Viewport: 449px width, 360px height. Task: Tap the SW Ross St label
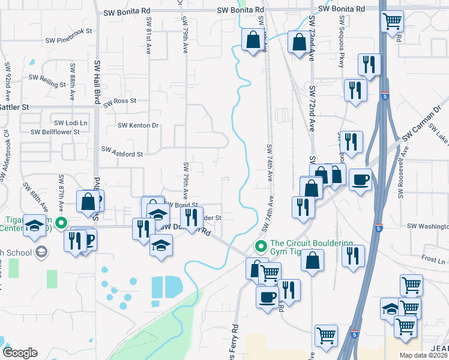tap(120, 102)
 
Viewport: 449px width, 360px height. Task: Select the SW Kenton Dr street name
tap(138, 125)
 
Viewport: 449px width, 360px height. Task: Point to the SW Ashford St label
tap(122, 153)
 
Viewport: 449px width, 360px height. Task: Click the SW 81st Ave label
tap(148, 34)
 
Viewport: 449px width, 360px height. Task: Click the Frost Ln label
tap(433, 261)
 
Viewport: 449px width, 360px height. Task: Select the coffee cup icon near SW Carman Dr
tap(360, 179)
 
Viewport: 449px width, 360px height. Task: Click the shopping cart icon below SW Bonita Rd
tap(392, 22)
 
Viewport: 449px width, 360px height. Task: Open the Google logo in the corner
tap(20, 353)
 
